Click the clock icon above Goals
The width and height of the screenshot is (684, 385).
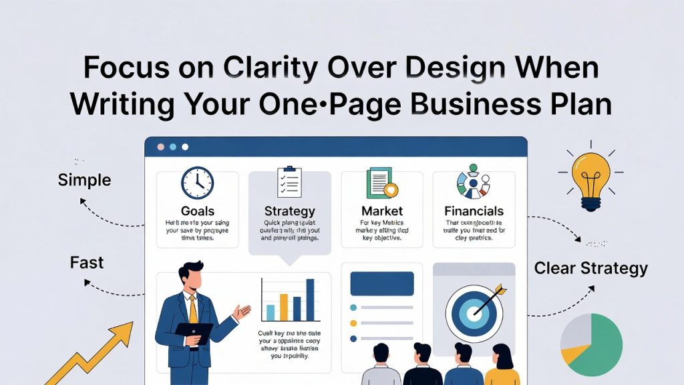pyautogui.click(x=197, y=182)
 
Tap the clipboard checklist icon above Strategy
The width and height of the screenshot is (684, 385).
pyautogui.click(x=289, y=182)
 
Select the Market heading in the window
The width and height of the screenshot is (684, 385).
pyautogui.click(x=381, y=211)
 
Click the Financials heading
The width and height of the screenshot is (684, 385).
pyautogui.click(x=474, y=211)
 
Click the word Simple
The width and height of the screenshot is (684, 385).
pyautogui.click(x=84, y=180)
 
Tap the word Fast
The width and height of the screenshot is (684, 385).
pyautogui.click(x=87, y=263)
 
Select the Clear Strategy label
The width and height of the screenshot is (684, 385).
pyautogui.click(x=590, y=269)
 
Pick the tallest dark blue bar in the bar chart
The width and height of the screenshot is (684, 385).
pyautogui.click(x=310, y=299)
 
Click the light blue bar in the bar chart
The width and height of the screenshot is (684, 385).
pyautogui.click(x=270, y=312)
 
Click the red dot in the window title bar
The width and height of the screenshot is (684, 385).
pyautogui.click(x=160, y=146)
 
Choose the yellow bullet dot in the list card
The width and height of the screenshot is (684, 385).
pyautogui.click(x=354, y=323)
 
